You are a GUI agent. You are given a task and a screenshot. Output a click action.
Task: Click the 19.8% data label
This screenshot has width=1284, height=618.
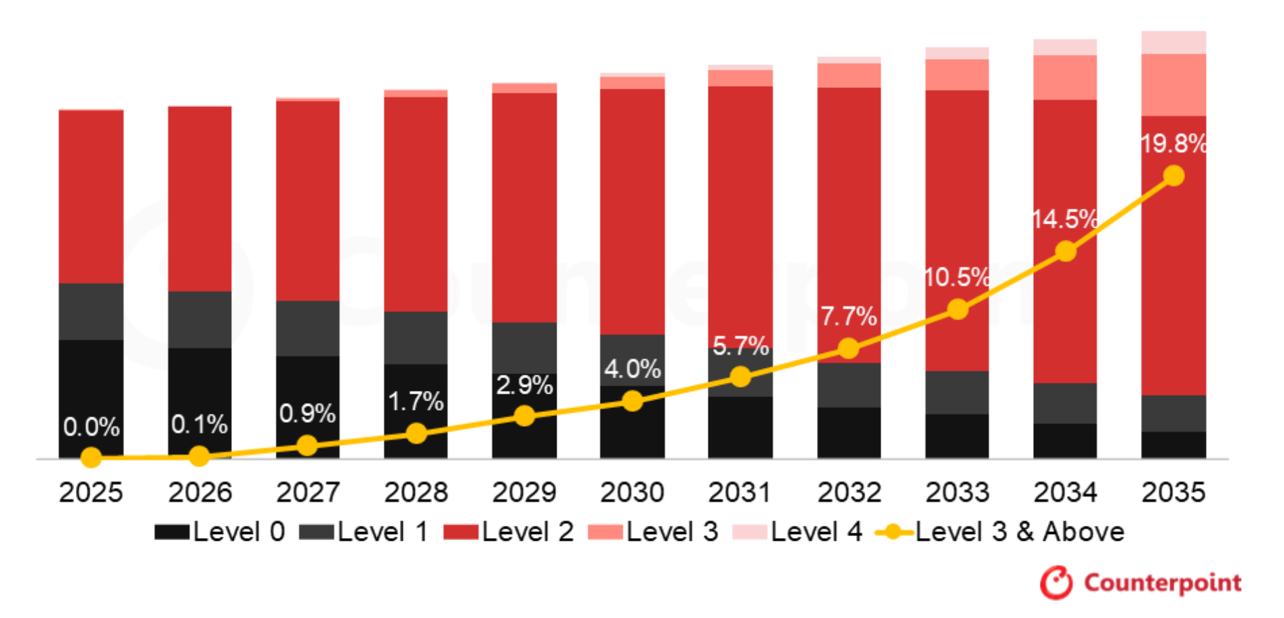pos(1173,144)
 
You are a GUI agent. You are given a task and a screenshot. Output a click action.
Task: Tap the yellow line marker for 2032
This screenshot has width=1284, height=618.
pos(848,349)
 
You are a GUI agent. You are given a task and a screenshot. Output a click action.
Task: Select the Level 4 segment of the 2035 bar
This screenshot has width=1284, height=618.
pos(1173,42)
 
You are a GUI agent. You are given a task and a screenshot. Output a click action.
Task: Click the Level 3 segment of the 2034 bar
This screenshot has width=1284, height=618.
pos(1065,77)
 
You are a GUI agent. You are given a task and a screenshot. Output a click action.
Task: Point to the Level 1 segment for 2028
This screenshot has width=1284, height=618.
pos(416,337)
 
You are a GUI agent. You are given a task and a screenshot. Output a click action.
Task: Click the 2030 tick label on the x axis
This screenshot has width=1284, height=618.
pos(632,493)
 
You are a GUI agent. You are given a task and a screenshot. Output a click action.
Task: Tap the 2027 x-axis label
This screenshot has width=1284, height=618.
pos(308,493)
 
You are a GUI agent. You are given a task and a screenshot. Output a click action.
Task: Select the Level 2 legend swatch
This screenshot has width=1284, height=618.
pos(461,532)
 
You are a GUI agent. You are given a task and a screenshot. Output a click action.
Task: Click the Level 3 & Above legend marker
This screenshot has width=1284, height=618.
pos(894,532)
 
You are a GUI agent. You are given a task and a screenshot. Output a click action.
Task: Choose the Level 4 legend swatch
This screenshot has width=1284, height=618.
pos(750,532)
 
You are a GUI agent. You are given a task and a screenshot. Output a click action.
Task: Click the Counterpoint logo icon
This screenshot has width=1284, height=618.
pos(1056,583)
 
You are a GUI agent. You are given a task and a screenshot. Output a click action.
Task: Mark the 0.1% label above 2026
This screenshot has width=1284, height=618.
pos(199,425)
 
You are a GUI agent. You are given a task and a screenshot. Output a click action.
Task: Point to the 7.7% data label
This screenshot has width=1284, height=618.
pos(848,316)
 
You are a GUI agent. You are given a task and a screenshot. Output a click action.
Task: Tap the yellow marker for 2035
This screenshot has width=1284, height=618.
pos(1173,176)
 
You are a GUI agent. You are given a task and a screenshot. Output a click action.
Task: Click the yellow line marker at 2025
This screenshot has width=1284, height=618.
pos(91,458)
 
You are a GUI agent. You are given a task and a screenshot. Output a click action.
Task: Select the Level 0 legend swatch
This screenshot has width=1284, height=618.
pos(172,532)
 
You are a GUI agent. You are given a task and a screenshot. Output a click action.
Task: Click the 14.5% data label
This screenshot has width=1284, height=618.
pos(1064,220)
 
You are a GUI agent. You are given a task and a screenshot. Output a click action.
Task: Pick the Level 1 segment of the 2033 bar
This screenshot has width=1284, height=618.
pos(957,392)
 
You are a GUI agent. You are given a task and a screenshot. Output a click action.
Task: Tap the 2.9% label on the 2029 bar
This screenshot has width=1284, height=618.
pos(524,386)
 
